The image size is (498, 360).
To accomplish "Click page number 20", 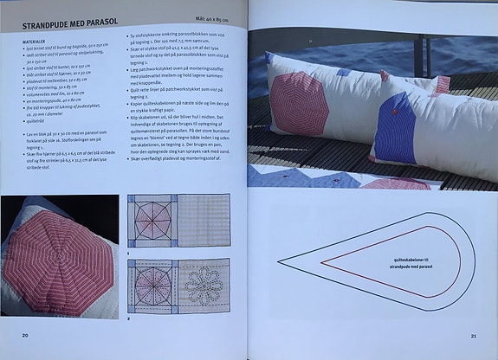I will pos(26,335).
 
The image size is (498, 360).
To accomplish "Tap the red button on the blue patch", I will pos(395,111).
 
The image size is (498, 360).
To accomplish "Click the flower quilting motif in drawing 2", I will pos(205,282).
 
